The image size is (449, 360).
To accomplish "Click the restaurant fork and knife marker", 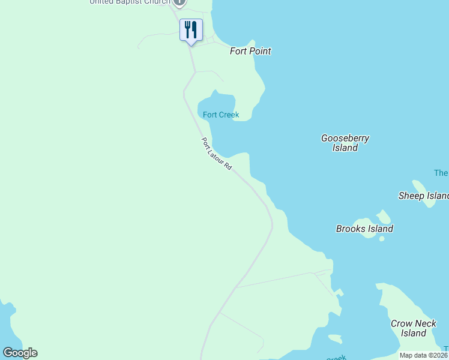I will click(x=191, y=29).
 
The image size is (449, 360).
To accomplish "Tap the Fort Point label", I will click(x=250, y=51).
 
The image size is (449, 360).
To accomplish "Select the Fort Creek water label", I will click(x=221, y=115).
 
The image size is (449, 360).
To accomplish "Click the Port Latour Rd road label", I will click(x=216, y=154).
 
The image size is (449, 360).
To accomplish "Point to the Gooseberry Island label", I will click(x=345, y=143).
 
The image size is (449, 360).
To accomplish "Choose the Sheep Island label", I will click(x=424, y=196).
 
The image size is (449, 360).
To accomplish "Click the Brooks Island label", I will click(x=364, y=229).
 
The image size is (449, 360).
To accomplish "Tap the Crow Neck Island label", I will click(x=414, y=328).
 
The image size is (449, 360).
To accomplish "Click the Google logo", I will click(x=20, y=353).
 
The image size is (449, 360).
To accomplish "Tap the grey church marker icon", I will click(x=179, y=2).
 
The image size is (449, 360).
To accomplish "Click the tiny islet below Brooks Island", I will click(x=382, y=238).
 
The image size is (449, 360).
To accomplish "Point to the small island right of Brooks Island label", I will click(x=383, y=216).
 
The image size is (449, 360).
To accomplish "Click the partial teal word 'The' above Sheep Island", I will click(x=441, y=173).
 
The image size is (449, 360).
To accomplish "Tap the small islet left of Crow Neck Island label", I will click(x=334, y=339).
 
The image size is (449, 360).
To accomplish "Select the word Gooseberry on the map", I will click(x=345, y=138).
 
